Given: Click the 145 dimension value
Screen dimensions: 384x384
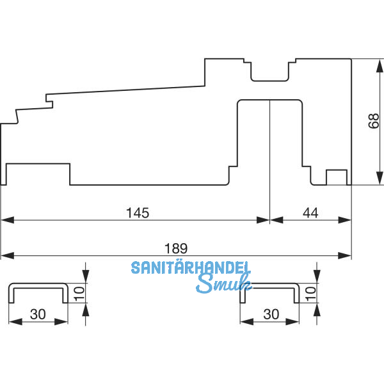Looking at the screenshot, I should [138, 212].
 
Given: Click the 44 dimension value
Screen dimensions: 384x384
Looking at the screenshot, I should [310, 212].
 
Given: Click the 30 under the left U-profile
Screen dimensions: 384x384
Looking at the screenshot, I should [38, 314].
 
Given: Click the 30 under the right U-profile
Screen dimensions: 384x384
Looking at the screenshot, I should [271, 314].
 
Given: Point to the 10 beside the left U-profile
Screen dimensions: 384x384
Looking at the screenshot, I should [78, 293].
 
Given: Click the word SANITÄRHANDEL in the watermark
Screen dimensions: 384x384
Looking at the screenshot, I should [191, 268].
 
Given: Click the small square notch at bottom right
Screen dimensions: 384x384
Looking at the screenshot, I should [337, 177].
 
